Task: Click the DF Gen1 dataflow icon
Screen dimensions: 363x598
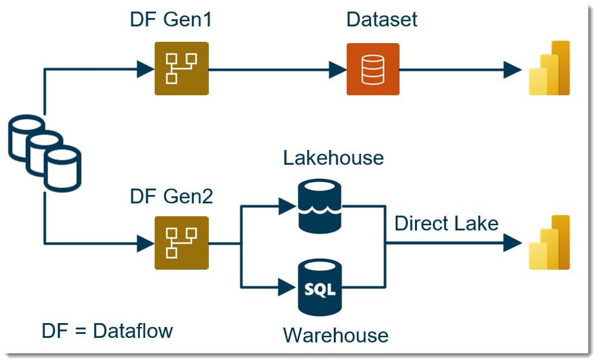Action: pyautogui.click(x=181, y=68)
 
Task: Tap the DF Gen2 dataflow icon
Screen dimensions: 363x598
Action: pyautogui.click(x=181, y=243)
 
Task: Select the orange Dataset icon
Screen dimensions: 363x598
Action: pyautogui.click(x=372, y=69)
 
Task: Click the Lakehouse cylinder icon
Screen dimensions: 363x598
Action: pyautogui.click(x=320, y=205)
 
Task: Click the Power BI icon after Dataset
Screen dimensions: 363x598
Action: pyautogui.click(x=549, y=68)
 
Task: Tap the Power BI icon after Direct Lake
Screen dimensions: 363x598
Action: pyautogui.click(x=549, y=243)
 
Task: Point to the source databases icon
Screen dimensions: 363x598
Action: pyautogui.click(x=44, y=154)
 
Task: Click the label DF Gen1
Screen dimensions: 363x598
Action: pyautogui.click(x=171, y=20)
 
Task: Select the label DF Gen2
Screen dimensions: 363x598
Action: pyautogui.click(x=171, y=196)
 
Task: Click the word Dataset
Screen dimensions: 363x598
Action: pyautogui.click(x=381, y=19)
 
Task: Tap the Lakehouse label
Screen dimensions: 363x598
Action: pyautogui.click(x=333, y=158)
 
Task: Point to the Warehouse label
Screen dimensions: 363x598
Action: pyautogui.click(x=336, y=335)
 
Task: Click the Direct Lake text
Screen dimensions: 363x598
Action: pyautogui.click(x=446, y=223)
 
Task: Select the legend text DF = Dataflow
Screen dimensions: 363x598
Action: pyautogui.click(x=107, y=331)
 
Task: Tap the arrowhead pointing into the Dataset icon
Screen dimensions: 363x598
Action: pyautogui.click(x=337, y=69)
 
